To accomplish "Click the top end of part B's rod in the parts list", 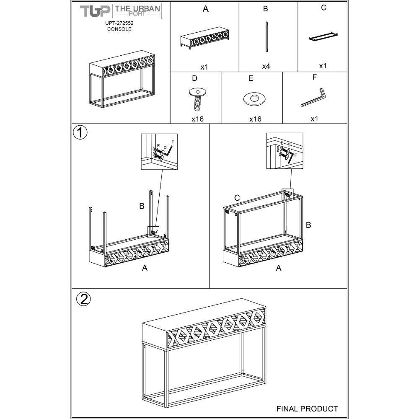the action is pos(266,22).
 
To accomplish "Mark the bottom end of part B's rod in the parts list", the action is pos(266,51).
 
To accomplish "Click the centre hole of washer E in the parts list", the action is pos(254,97).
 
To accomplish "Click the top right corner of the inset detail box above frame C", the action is pos(303,133).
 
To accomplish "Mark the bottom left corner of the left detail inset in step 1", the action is pos(141,169).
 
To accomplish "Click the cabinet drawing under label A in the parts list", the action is pos(205,38).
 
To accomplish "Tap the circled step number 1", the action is pos(80,132).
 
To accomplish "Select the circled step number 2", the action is pos(84,299).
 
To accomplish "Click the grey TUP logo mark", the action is pos(95,11).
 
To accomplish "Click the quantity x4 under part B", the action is pos(266,66).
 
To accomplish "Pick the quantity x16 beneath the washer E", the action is pos(255,119).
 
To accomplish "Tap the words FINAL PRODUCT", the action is pos(307,409).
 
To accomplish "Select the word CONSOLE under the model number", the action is pos(119,29).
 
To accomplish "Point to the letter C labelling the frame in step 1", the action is pos(237,198).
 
